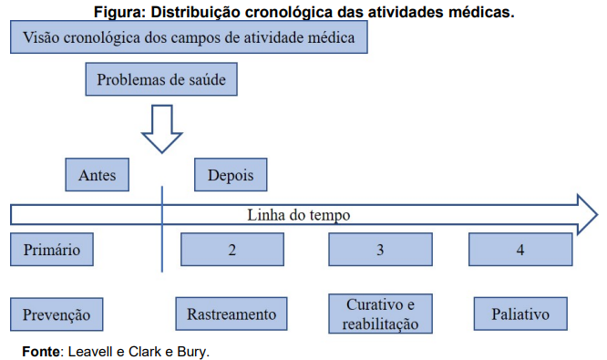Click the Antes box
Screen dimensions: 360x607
pos(98,175)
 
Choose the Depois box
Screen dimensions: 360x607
pos(231,175)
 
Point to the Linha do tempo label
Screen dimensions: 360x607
pos(299,215)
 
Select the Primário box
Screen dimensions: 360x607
pos(52,249)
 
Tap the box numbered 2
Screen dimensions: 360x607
pos(233,249)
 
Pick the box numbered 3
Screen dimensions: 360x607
pos(380,249)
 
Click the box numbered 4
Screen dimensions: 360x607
pos(520,249)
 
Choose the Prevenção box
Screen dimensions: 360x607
pos(57,314)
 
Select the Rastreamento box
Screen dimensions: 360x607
pos(231,314)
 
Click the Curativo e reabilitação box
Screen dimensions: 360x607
pos(381,314)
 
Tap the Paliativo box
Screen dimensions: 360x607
pos(520,314)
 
